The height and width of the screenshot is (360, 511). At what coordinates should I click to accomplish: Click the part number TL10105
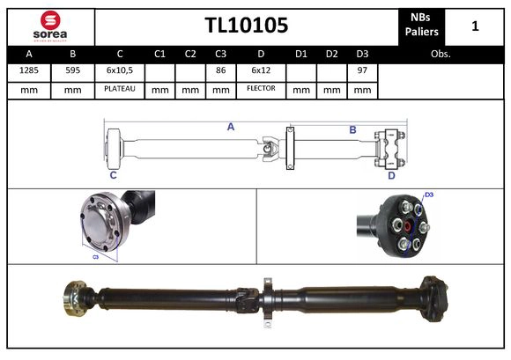tap(247, 26)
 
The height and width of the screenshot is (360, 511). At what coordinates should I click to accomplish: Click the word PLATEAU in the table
tap(119, 89)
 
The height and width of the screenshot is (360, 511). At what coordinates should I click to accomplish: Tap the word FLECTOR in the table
tap(261, 89)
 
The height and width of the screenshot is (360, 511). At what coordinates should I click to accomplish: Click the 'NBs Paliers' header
tap(422, 26)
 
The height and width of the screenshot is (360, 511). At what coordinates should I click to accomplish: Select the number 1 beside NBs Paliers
tap(475, 26)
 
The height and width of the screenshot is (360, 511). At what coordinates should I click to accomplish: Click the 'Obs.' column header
tap(441, 54)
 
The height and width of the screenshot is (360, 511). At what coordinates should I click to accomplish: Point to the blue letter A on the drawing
tap(231, 127)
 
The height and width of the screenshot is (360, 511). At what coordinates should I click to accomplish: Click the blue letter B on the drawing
tap(352, 130)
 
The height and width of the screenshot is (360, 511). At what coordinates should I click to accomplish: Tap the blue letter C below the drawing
tap(113, 175)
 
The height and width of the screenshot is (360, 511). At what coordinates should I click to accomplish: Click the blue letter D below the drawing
tap(391, 175)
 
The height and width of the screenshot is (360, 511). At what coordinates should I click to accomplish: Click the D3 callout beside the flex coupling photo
tap(429, 195)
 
